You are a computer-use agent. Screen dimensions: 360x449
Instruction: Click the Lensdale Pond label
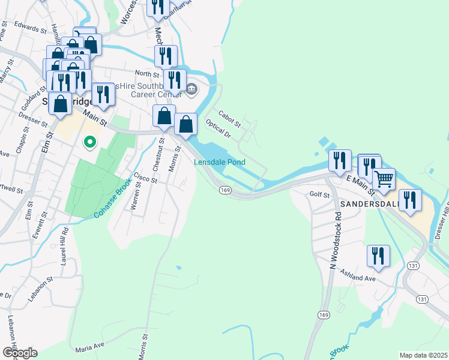tap(220, 163)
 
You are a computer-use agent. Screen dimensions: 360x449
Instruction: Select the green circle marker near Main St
tap(89, 142)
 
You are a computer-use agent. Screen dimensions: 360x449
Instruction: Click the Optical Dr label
tap(217, 128)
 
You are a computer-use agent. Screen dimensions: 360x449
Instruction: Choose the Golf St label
tap(320, 195)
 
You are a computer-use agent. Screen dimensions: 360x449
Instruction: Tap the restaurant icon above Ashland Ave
tap(378, 256)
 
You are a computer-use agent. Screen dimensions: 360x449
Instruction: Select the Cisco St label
tap(145, 178)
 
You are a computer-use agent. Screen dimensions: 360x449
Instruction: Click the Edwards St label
tap(32, 29)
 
